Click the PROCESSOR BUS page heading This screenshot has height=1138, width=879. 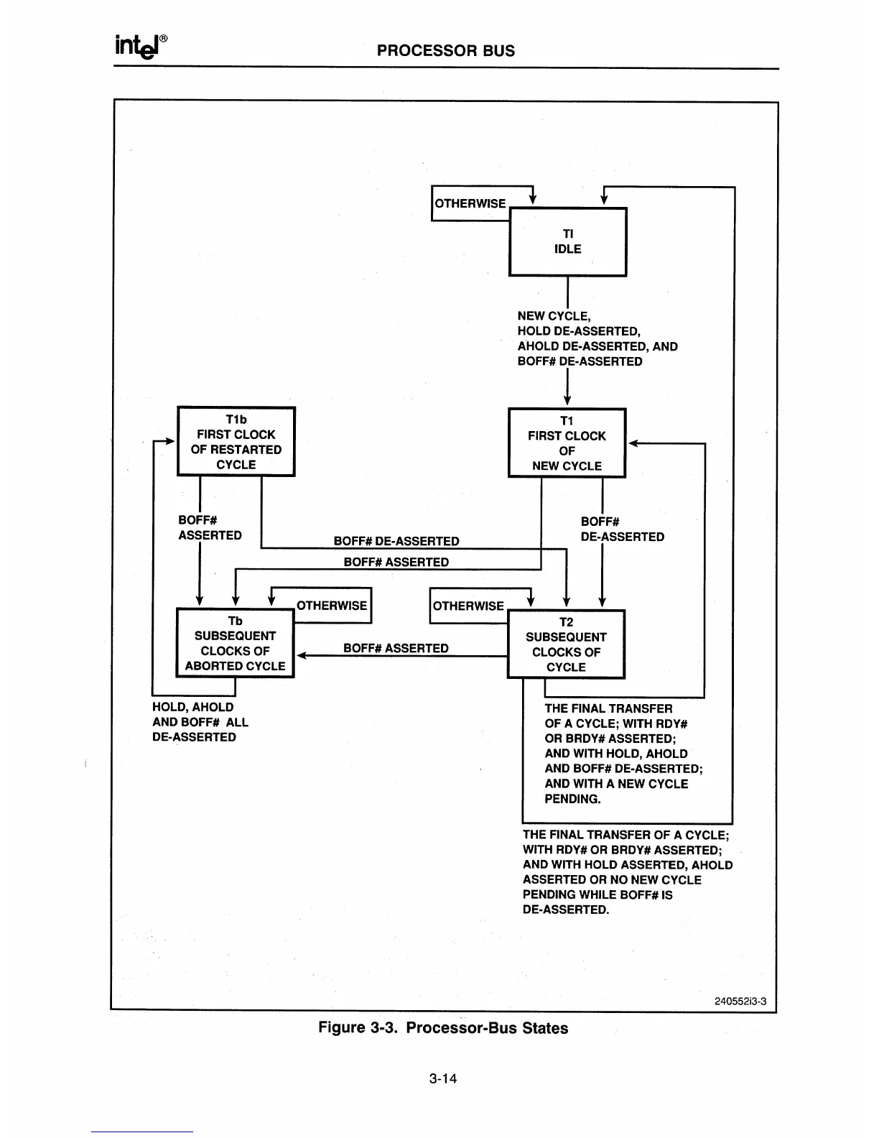446,50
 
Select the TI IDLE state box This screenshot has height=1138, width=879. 567,241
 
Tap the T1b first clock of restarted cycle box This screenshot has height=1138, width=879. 236,441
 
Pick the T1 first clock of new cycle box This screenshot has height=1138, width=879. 567,443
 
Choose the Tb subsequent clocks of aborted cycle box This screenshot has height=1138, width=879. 235,643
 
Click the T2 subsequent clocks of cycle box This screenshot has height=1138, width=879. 566,644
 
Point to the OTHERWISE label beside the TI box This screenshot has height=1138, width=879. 470,203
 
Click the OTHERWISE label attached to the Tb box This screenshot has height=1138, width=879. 332,606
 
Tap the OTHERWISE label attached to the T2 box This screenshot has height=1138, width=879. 468,606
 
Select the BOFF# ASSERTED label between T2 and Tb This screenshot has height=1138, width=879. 396,648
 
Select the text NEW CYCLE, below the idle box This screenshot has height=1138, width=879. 554,316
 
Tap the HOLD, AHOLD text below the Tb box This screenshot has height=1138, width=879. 192,707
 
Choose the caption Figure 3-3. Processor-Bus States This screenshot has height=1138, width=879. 443,1028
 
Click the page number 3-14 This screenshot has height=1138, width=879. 443,1078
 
